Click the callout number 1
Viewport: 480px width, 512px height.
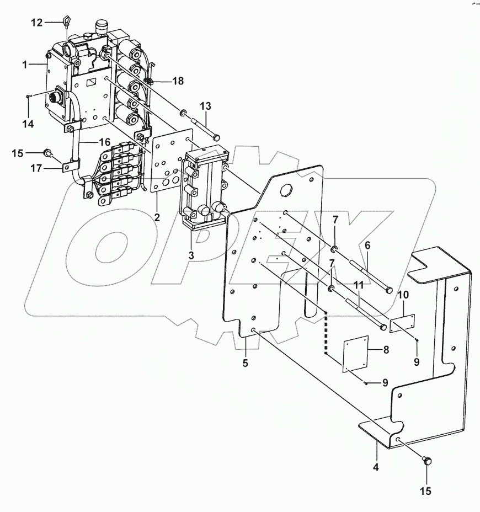click(x=25, y=65)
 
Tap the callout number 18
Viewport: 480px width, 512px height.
click(x=178, y=81)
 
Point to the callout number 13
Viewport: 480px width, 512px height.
click(x=205, y=106)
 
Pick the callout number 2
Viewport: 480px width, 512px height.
click(x=157, y=217)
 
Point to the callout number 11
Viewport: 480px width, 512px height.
click(x=358, y=286)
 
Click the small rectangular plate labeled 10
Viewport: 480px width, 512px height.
click(x=402, y=324)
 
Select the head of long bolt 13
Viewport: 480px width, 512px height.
click(x=216, y=136)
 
